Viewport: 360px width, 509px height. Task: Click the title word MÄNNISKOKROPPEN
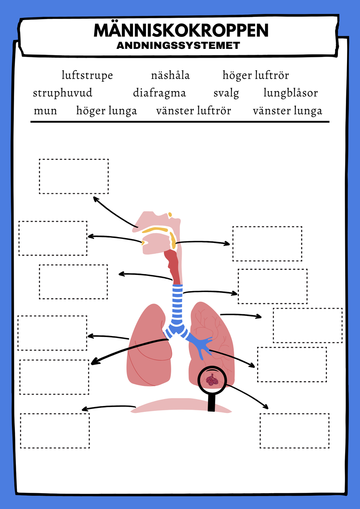click(x=181, y=30)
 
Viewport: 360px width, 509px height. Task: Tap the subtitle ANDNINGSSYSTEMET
click(x=178, y=45)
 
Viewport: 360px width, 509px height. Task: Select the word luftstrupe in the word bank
click(x=87, y=76)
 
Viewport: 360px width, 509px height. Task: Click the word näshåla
click(x=171, y=75)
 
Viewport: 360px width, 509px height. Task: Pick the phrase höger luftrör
click(x=256, y=76)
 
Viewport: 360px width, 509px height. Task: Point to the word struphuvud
click(x=63, y=93)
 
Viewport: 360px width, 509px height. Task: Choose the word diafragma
click(x=160, y=93)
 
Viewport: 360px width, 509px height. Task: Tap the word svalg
click(x=226, y=93)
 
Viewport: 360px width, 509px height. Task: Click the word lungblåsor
click(x=291, y=93)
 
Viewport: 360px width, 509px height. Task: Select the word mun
click(x=45, y=111)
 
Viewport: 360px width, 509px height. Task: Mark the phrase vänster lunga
click(x=288, y=111)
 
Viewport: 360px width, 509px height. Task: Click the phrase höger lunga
click(x=107, y=111)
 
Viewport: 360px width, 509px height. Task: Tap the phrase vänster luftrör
click(x=194, y=111)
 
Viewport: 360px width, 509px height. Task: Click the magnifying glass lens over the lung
click(x=212, y=380)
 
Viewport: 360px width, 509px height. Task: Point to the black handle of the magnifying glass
click(x=211, y=402)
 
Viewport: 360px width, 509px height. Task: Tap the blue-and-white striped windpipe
click(x=177, y=305)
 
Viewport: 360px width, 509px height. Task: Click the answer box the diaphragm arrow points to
click(x=55, y=431)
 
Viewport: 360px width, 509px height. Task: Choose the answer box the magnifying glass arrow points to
click(x=295, y=431)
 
